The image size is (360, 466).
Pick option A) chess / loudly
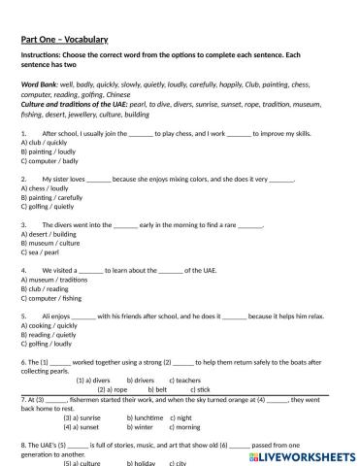point(43,187)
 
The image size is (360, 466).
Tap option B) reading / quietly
point(47,333)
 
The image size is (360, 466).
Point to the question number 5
point(21,316)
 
